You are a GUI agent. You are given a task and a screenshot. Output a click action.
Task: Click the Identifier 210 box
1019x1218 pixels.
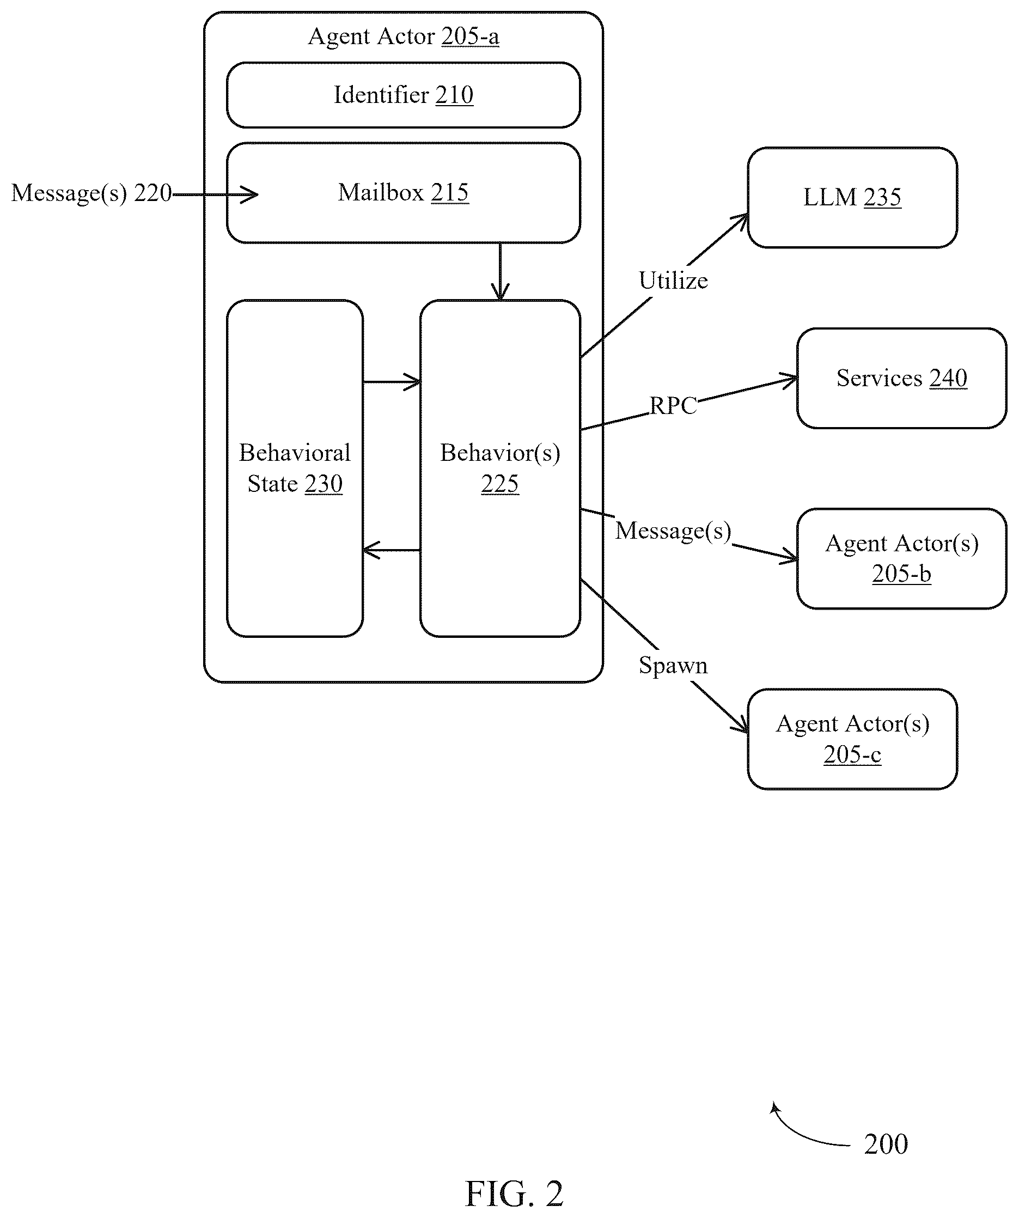(x=403, y=95)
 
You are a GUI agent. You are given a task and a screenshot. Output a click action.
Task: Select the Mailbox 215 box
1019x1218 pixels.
(x=403, y=193)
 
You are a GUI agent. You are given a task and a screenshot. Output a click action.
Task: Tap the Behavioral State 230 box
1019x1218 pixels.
(x=295, y=468)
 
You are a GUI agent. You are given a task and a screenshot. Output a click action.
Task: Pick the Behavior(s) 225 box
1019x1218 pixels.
(x=500, y=468)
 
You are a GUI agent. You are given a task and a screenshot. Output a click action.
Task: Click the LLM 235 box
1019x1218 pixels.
(x=852, y=198)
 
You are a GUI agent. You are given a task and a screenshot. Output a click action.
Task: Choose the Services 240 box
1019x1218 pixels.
(x=901, y=378)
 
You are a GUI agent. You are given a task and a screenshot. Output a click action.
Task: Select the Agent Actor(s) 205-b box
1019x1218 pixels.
(x=901, y=558)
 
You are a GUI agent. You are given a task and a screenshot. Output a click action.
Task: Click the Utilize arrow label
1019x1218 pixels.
(x=673, y=281)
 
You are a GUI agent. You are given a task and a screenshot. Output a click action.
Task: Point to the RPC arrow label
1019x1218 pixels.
(x=673, y=405)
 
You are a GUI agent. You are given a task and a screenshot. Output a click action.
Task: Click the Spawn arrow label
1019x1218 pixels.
(x=673, y=666)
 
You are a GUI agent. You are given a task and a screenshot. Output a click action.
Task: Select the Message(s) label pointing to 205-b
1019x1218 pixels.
(x=673, y=531)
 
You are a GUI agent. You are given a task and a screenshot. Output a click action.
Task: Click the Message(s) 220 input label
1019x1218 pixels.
(x=91, y=193)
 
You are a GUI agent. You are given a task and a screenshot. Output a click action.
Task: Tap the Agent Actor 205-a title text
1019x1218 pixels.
(x=403, y=36)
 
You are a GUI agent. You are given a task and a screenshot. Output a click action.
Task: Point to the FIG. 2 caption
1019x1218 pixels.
(x=514, y=1193)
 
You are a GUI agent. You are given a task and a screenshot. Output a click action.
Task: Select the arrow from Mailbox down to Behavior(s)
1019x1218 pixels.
(x=500, y=271)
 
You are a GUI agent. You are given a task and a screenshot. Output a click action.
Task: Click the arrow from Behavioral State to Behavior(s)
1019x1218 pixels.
(x=392, y=382)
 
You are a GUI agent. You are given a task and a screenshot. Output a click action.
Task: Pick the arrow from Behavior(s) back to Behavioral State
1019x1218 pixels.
(x=392, y=550)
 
